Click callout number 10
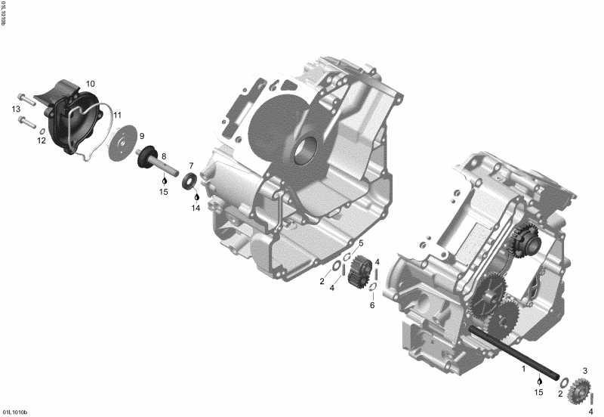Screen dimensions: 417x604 (x=91, y=83)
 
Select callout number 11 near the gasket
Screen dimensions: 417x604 (x=117, y=115)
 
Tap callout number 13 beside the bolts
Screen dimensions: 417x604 (x=16, y=110)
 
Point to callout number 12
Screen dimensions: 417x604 (x=42, y=141)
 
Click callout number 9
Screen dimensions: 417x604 (x=141, y=136)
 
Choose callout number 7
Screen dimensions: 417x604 (x=192, y=165)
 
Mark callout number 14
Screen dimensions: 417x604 (x=196, y=208)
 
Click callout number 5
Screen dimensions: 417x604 (x=361, y=242)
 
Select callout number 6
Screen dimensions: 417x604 (x=371, y=305)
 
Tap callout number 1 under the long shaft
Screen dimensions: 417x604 (x=523, y=369)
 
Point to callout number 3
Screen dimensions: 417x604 (x=584, y=370)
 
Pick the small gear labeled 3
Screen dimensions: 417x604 (x=580, y=390)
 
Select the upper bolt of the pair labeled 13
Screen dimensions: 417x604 (x=25, y=97)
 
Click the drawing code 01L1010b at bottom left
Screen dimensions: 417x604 (x=15, y=412)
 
